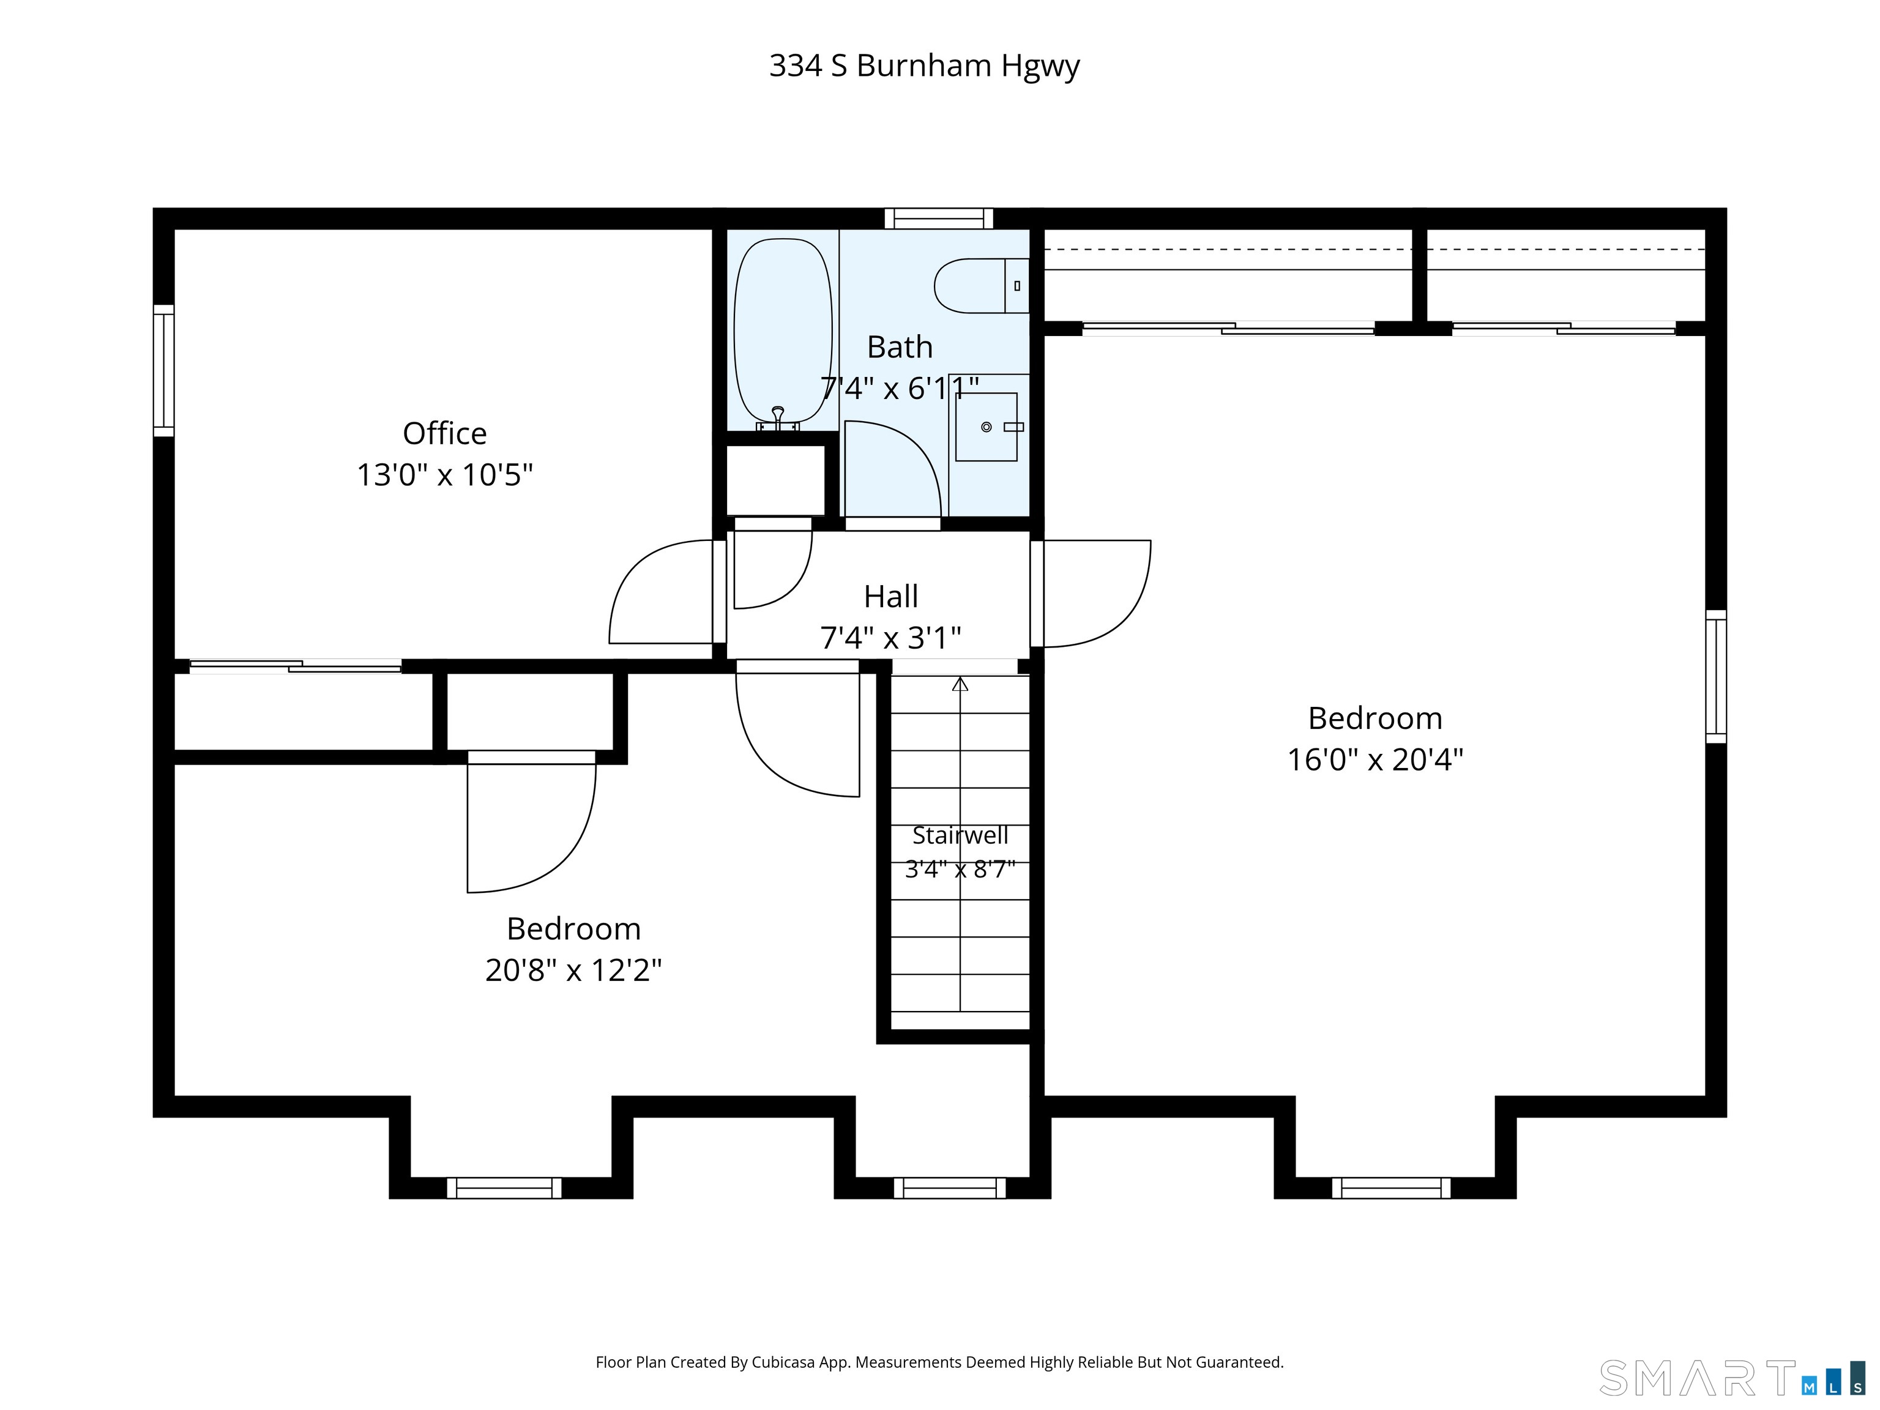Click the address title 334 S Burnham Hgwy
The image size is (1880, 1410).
coord(924,65)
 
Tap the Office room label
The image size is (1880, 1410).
coord(444,433)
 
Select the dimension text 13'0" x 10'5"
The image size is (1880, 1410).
coord(444,474)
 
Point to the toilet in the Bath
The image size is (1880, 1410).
coord(982,286)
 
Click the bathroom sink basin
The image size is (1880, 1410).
coord(986,427)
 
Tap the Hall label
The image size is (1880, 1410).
coord(890,597)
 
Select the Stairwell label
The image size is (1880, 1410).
coord(960,835)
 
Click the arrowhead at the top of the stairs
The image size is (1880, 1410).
coord(960,684)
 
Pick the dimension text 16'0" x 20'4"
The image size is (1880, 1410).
coord(1375,759)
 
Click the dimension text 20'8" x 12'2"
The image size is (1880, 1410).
coord(573,970)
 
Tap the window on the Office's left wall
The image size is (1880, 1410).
coord(163,371)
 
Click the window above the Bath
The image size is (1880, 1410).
coord(939,218)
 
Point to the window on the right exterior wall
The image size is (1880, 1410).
coord(1716,676)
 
